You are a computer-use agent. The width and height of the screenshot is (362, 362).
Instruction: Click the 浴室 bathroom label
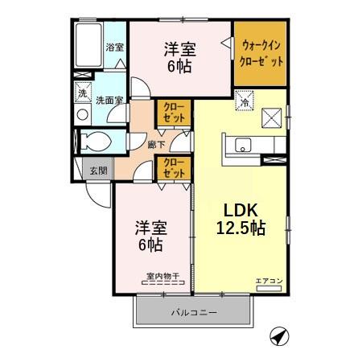pyautogui.click(x=115, y=47)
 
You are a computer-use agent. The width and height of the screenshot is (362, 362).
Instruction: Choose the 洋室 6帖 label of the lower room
pyautogui.click(x=150, y=233)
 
